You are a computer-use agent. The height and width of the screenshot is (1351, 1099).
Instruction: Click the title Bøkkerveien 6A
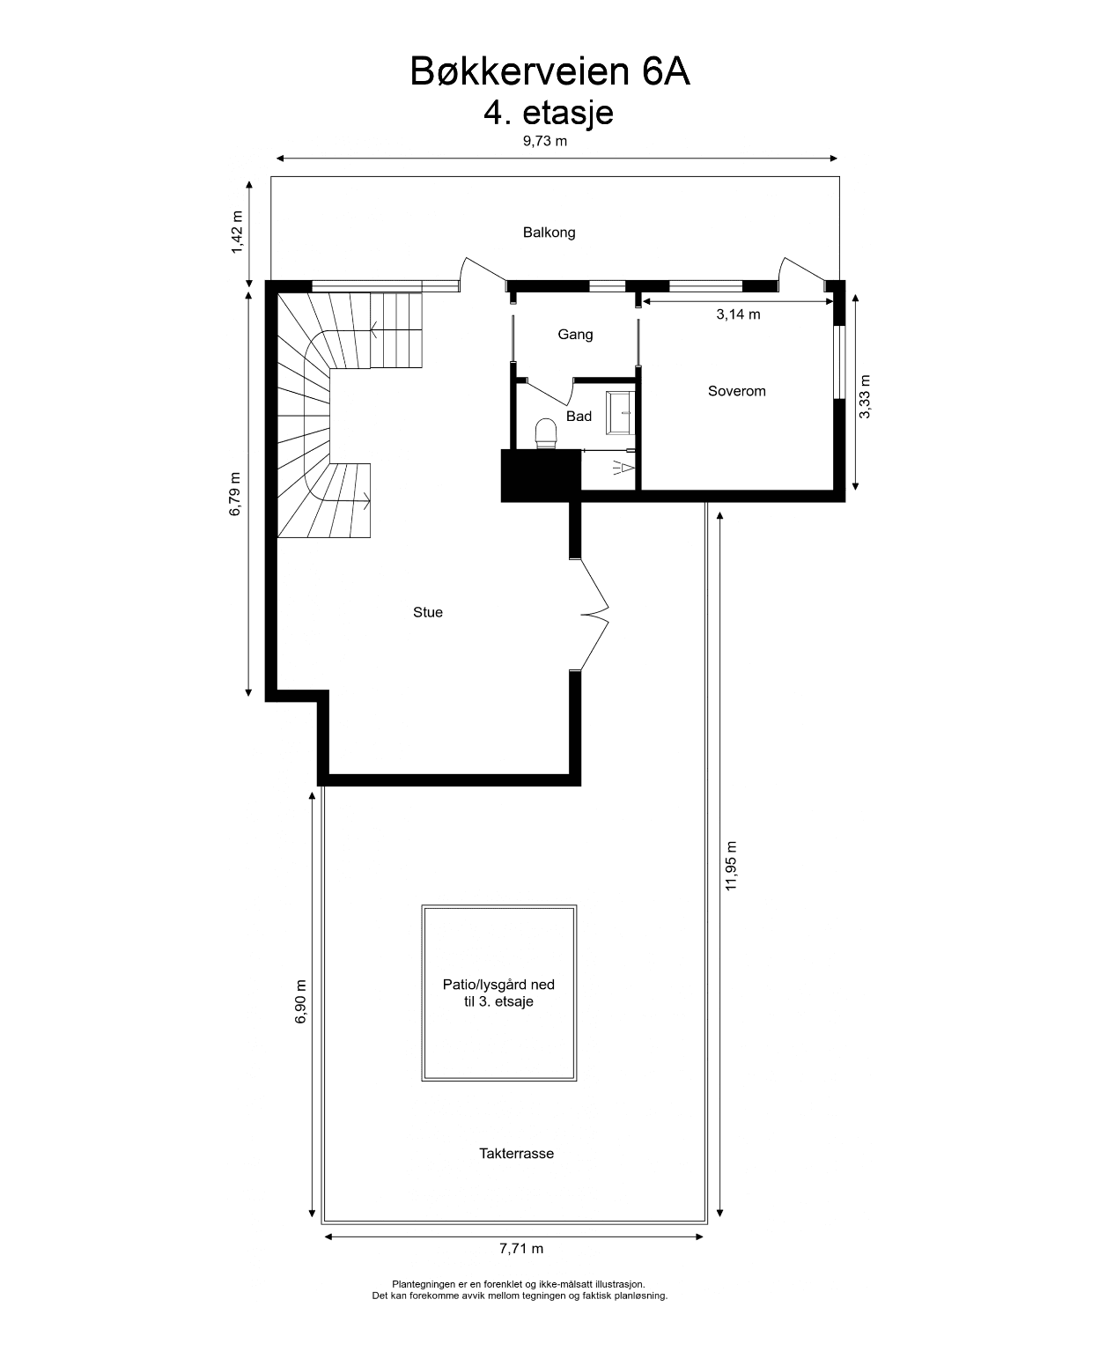[549, 70]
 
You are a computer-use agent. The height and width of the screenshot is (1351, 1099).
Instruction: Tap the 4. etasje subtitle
[549, 114]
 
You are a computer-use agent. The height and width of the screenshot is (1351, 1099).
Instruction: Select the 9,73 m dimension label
[545, 141]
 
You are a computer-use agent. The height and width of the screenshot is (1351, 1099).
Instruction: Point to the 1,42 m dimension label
[237, 233]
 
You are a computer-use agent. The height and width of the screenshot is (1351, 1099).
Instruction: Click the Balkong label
[549, 233]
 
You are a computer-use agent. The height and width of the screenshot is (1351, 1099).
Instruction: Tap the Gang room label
[575, 335]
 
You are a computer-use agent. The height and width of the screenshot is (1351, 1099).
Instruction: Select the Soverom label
[737, 391]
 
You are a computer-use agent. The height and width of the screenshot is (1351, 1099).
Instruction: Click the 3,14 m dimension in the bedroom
[738, 314]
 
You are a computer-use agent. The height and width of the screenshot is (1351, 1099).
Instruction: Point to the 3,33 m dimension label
[865, 396]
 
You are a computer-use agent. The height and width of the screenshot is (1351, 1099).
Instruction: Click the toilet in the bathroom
[546, 433]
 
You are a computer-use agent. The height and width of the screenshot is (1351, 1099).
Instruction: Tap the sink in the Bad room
[620, 413]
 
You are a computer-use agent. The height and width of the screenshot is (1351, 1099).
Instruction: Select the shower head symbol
[624, 469]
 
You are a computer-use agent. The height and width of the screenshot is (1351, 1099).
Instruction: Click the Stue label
[427, 612]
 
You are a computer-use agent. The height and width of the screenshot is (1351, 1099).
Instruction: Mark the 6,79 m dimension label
[234, 494]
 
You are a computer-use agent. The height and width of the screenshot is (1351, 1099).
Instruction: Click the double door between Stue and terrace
[594, 614]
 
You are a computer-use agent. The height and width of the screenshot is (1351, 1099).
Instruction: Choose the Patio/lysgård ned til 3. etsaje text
[498, 993]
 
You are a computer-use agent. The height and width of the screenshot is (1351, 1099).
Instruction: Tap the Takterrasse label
[516, 1153]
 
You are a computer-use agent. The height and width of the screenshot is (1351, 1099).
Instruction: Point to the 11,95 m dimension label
[731, 866]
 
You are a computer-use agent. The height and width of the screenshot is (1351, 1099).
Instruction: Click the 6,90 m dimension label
[300, 1001]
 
